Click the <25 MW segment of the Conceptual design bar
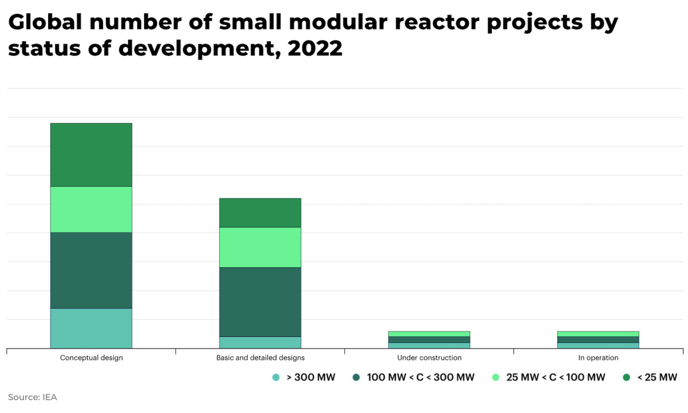pos(91,155)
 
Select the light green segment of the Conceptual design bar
pos(91,209)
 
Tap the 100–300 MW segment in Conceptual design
pos(91,270)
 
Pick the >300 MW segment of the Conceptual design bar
pos(91,328)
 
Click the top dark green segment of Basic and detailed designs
pos(260,212)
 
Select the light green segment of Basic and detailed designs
pos(260,247)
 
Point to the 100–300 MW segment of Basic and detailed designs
pos(260,301)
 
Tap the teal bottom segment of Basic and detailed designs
pos(260,342)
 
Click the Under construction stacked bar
pos(429,340)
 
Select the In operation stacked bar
pos(598,340)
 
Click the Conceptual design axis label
pos(91,357)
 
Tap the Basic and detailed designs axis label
pos(260,357)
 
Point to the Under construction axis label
pos(429,357)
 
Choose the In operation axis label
pos(598,357)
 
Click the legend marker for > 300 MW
pos(276,377)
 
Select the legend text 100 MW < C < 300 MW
pos(420,377)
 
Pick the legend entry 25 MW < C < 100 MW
pos(555,377)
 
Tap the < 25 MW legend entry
pos(657,377)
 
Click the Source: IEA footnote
pos(32,397)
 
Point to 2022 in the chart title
pos(315,48)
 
